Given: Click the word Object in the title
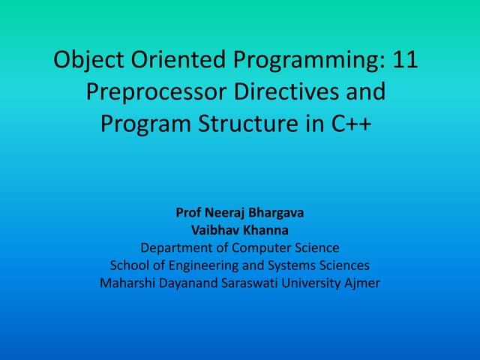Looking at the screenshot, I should (88, 60).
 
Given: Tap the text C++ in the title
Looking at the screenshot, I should (352, 123).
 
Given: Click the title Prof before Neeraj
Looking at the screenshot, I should (189, 213).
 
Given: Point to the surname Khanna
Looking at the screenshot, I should (265, 230).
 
